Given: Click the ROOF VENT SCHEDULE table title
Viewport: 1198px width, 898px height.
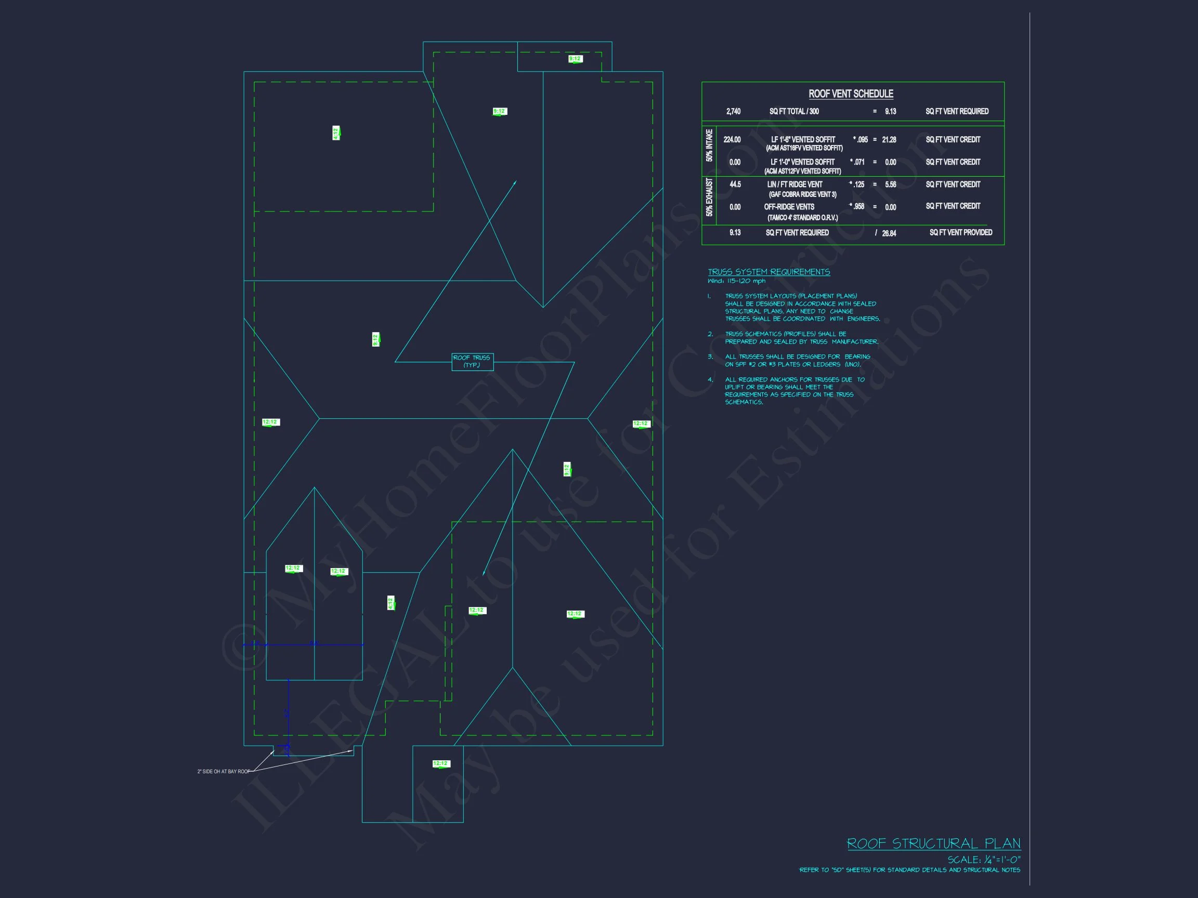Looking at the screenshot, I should click(x=851, y=94).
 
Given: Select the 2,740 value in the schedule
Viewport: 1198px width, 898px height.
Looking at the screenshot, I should click(x=733, y=112).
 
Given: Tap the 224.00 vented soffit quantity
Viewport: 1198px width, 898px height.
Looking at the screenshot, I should click(x=732, y=140).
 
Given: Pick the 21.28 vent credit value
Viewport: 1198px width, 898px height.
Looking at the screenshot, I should click(x=889, y=140).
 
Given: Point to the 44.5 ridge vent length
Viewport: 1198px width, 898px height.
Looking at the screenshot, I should click(x=735, y=184).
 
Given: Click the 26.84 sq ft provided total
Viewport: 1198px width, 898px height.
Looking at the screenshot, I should click(x=889, y=233).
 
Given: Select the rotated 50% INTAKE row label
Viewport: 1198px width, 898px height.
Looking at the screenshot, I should click(x=709, y=145).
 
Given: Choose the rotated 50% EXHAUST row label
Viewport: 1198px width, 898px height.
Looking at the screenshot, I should click(x=709, y=197).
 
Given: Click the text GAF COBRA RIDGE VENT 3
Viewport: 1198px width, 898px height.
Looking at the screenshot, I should click(x=803, y=194).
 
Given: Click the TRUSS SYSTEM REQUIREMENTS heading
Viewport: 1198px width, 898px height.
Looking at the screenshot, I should click(x=769, y=272).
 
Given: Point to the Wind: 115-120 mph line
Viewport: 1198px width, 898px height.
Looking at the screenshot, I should click(x=737, y=282).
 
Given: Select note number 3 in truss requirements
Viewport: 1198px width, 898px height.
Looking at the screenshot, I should click(x=711, y=356).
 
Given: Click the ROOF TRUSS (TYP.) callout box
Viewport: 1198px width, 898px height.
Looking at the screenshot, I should click(x=472, y=362).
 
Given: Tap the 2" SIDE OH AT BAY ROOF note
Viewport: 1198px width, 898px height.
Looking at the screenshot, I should click(x=224, y=771).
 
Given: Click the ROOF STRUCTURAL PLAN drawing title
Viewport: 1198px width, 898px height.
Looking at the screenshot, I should click(x=934, y=844).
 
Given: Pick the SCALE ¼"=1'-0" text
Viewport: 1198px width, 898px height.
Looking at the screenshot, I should click(x=984, y=860).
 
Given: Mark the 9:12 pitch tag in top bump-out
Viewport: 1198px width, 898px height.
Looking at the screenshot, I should click(x=575, y=58).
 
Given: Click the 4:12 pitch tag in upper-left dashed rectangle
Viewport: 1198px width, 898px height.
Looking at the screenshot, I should click(x=336, y=133).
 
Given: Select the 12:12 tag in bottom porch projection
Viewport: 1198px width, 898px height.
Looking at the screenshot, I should click(x=441, y=764).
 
